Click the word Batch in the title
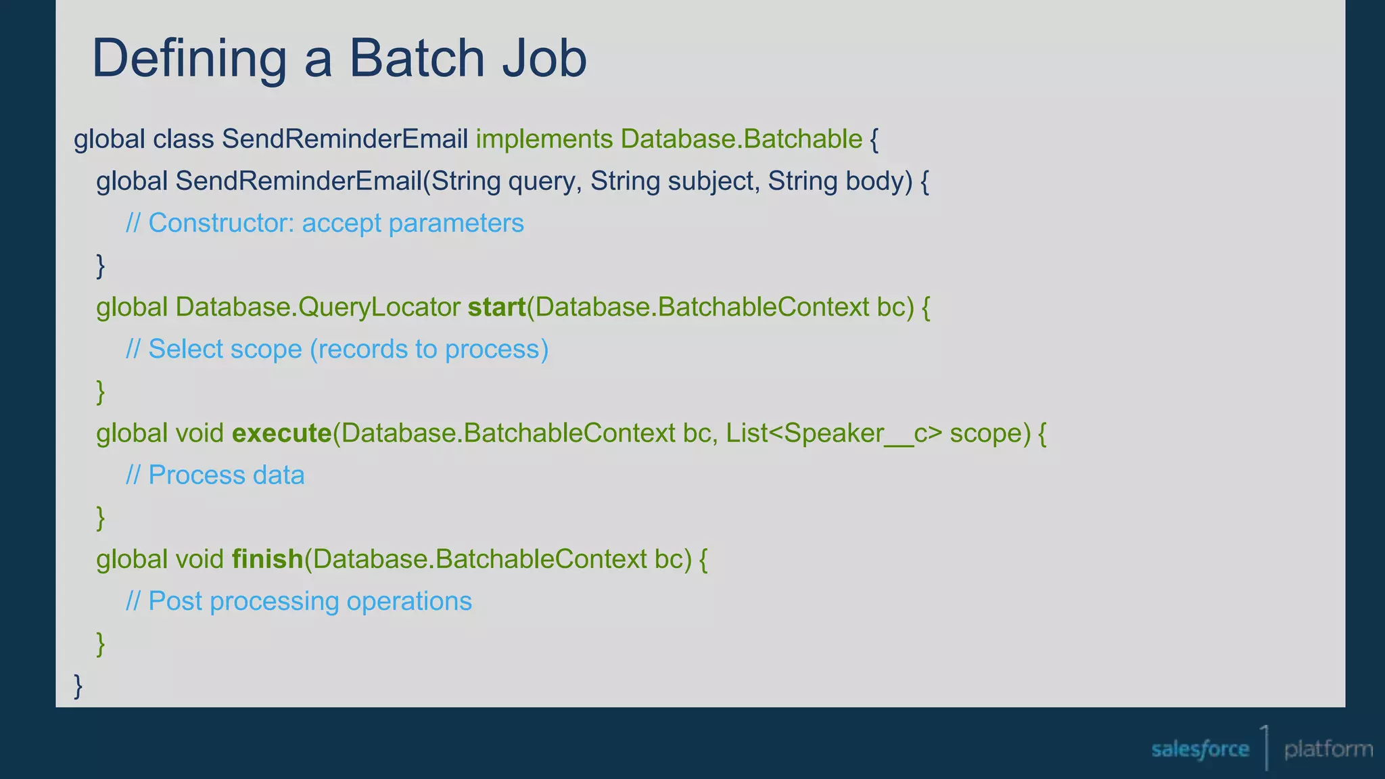tap(417, 58)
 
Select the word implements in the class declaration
tap(544, 139)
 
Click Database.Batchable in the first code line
tap(741, 139)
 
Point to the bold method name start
tap(496, 308)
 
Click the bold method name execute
tap(281, 433)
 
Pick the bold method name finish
tap(267, 559)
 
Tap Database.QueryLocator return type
tap(318, 308)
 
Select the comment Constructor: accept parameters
tap(325, 223)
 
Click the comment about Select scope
tap(337, 350)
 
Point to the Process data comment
tap(215, 475)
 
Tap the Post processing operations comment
tap(299, 601)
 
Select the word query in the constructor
tap(544, 181)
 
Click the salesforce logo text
tap(1200, 749)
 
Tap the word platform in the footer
tap(1328, 749)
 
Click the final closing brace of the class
tap(78, 686)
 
